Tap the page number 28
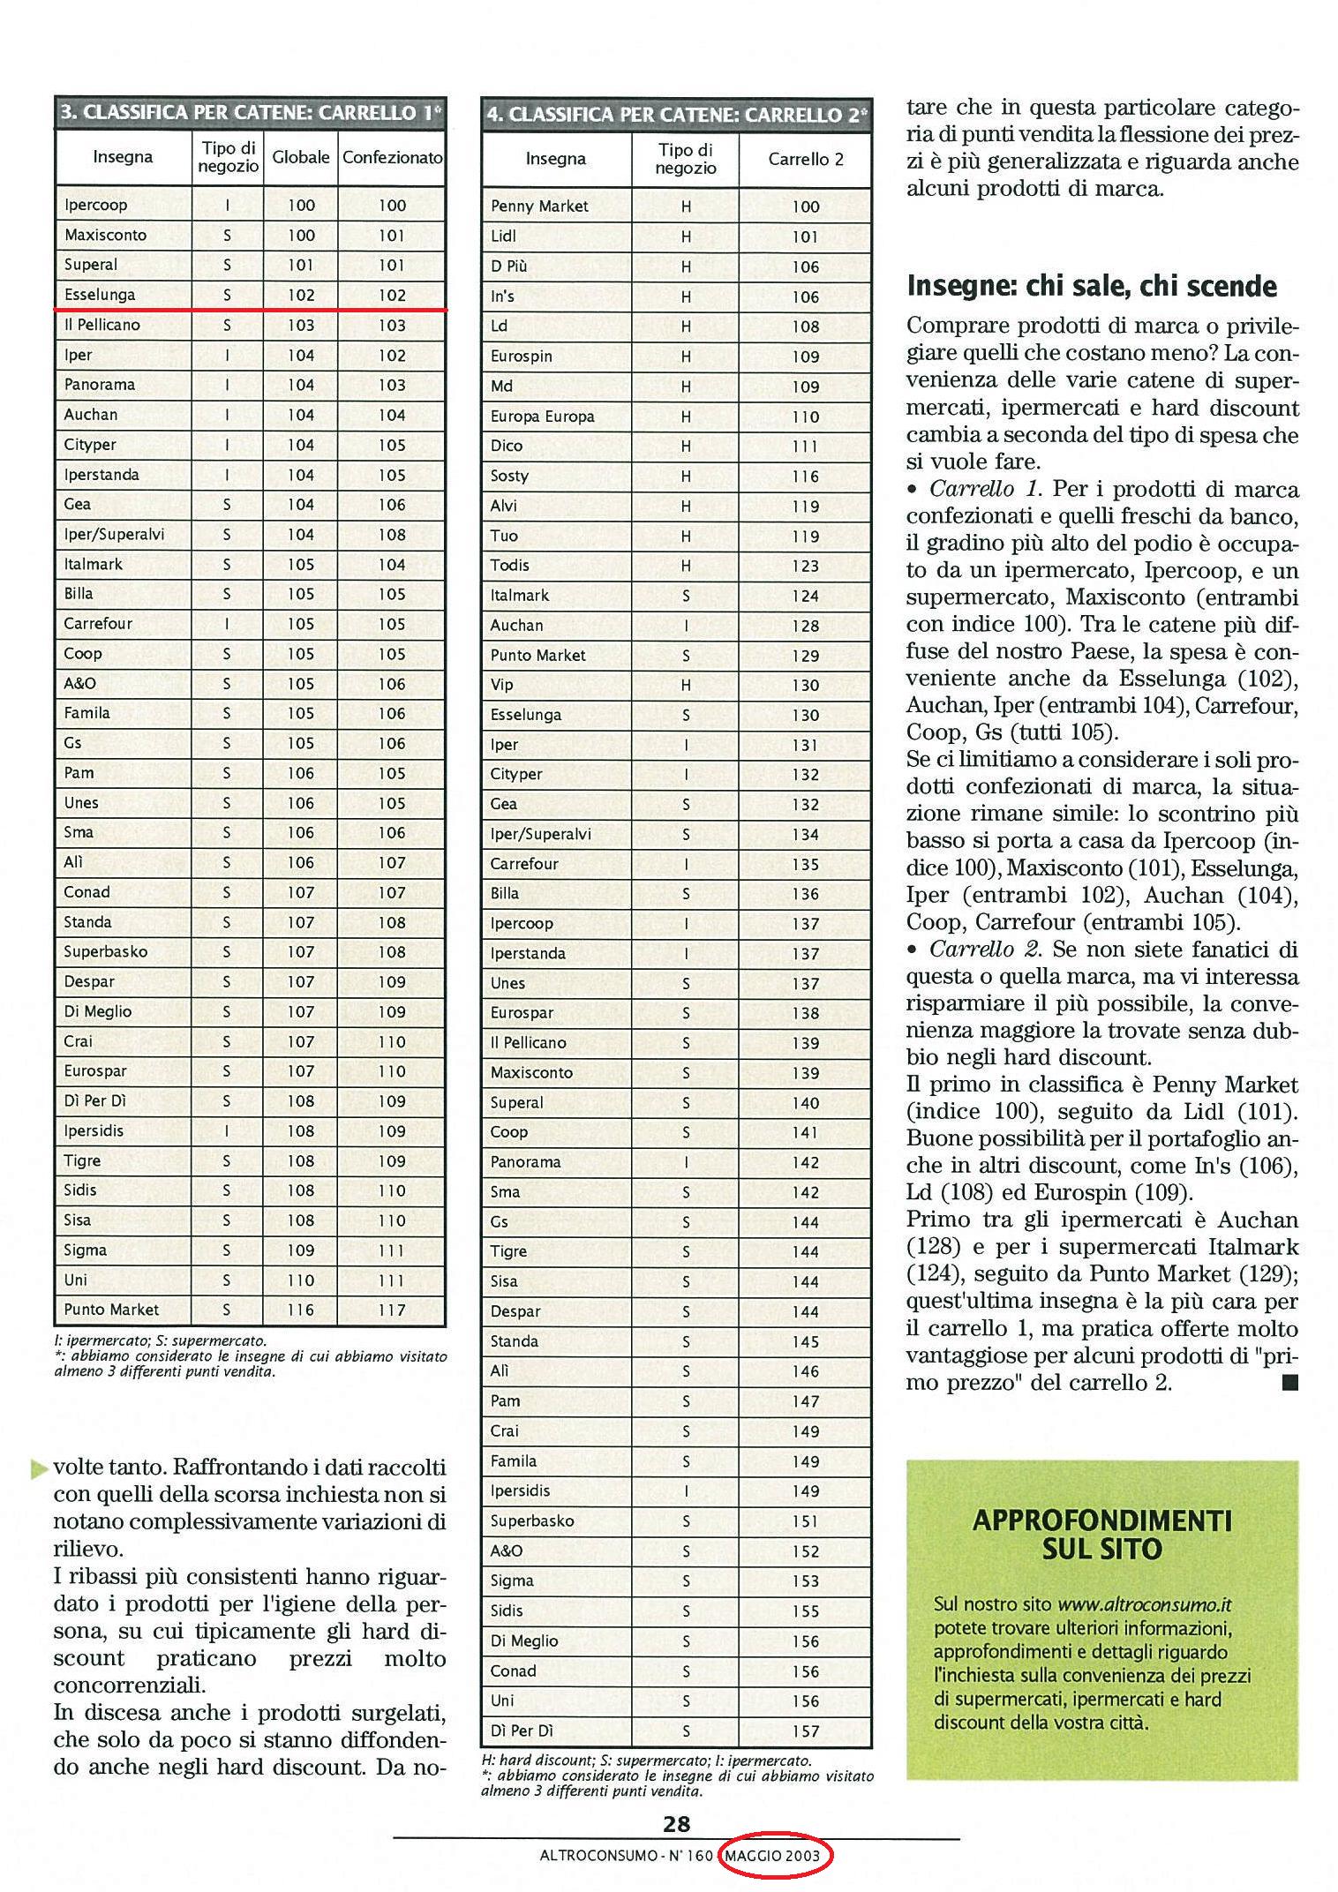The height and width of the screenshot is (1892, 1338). [676, 1823]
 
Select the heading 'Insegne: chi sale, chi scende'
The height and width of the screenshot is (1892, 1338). [1092, 287]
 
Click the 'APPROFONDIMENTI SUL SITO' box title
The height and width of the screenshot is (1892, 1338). [1101, 1535]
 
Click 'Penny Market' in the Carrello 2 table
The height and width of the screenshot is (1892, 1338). [539, 206]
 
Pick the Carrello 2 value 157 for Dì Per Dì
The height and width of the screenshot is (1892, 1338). [805, 1731]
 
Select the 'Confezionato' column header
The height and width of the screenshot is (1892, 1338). [392, 158]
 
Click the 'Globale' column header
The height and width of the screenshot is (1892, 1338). [300, 158]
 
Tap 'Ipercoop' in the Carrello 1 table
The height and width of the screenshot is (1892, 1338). [96, 205]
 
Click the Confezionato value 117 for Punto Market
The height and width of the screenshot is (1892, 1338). [392, 1310]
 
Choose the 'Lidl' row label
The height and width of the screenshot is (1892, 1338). [503, 236]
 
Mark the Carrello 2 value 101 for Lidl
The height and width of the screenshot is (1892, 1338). [805, 237]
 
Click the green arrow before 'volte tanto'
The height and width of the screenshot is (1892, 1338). [38, 1470]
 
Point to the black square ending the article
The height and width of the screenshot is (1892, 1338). [1289, 1384]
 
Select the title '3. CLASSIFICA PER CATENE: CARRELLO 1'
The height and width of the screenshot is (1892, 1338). [250, 113]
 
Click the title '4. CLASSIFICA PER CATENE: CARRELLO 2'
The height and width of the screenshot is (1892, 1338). [676, 115]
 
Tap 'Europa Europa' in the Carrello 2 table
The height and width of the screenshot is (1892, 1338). [543, 417]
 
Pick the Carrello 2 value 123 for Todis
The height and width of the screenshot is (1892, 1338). [805, 567]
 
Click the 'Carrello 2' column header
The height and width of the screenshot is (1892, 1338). [805, 160]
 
